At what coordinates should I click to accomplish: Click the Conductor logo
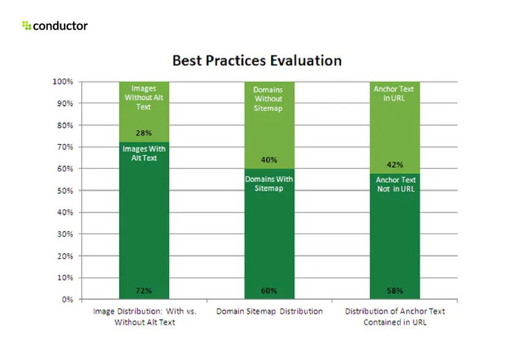(55, 26)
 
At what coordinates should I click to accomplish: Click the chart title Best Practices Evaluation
(257, 61)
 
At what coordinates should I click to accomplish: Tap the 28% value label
(144, 133)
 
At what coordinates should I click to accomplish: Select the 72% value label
(144, 291)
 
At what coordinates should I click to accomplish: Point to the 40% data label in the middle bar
(269, 160)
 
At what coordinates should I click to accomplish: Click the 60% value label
(269, 291)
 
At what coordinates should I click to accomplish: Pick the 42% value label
(394, 165)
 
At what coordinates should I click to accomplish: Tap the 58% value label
(394, 291)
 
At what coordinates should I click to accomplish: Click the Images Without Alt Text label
(144, 98)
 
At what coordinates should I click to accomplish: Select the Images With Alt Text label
(144, 154)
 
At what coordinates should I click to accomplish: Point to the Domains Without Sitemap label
(269, 99)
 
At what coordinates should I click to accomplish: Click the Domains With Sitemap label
(269, 184)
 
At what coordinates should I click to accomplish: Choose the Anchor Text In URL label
(394, 94)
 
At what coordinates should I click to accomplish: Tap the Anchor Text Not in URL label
(395, 184)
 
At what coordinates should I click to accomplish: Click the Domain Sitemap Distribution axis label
(269, 311)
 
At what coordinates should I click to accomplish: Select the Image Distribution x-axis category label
(144, 316)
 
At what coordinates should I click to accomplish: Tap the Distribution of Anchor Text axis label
(394, 316)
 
